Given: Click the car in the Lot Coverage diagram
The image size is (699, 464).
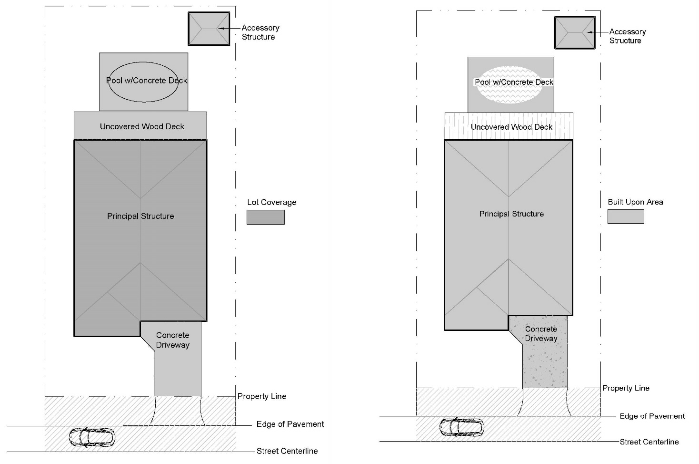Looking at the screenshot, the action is point(92,437).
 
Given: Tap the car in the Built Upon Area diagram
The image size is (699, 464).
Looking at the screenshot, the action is point(461,427).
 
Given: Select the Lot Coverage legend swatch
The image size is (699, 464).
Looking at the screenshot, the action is point(265,217).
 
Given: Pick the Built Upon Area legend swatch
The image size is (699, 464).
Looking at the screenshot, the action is point(625,216).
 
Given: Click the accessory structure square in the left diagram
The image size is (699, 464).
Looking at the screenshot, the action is point(209,29).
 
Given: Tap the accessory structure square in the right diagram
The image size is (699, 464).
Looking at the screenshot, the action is point(575,32).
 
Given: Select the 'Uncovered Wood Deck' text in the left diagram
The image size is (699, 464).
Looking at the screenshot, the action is point(142,126).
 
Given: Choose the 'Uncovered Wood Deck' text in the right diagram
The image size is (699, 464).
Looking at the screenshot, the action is point(511,127).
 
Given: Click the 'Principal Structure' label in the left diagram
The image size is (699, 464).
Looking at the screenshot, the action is point(140,216).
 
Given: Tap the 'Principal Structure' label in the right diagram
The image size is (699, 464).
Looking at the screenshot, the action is point(511,214).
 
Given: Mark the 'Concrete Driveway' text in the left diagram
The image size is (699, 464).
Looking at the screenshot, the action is point(172,340).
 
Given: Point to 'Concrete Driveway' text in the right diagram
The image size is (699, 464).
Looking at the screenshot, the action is point(541,334).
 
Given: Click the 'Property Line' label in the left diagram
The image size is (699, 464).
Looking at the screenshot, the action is point(262,396).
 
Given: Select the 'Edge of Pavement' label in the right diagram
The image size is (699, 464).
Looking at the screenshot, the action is point(652,416).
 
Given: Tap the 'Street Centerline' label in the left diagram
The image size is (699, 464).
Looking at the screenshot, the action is point(287,451).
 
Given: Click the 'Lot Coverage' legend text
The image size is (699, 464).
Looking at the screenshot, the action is point(271,202).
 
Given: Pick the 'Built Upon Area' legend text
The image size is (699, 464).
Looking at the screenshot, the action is point(635,202).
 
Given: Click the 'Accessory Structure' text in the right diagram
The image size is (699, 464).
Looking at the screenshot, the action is point(627,36).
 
